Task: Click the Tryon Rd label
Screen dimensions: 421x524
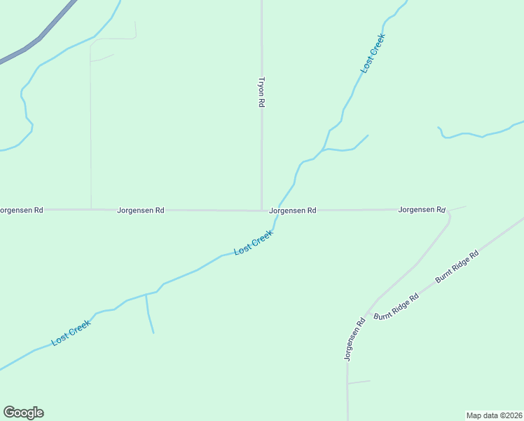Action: coord(261,92)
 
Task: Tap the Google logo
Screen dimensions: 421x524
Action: coord(23,413)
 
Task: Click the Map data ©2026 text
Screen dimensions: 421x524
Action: coord(495,415)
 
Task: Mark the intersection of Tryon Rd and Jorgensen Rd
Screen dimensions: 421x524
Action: coord(262,210)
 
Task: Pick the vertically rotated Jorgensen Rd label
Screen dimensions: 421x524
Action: coord(355,340)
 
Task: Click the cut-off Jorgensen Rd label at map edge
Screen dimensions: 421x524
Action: coord(21,210)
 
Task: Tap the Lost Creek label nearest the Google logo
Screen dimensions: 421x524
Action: coord(71,333)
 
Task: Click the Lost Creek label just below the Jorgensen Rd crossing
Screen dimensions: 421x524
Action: coord(253,243)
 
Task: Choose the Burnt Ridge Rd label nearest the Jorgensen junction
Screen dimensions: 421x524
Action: coord(396,307)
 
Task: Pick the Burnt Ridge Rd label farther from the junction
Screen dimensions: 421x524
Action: coord(456,266)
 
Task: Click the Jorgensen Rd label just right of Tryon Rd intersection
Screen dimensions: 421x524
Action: coord(293,210)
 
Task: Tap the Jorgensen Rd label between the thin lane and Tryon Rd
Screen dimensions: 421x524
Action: coord(141,210)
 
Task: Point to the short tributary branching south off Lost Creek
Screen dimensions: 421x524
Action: coord(149,314)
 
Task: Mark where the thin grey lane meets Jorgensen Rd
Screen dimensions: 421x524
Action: coord(91,209)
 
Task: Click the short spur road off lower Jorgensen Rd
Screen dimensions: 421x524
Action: coord(359,382)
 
